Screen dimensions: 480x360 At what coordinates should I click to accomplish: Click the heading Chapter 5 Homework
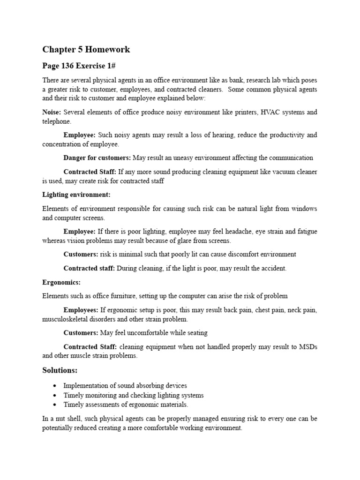tap(86, 49)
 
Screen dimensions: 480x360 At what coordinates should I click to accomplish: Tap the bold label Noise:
tap(52, 112)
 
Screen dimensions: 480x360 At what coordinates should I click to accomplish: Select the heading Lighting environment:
tap(76, 195)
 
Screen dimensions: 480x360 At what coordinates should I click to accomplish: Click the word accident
tap(273, 268)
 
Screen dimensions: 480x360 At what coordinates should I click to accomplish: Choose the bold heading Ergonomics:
tap(61, 282)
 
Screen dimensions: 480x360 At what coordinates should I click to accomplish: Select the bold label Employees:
tap(81, 310)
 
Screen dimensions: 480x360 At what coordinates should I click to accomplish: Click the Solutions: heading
tap(60, 370)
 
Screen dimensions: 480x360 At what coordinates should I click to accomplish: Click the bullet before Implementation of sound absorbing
tap(55, 386)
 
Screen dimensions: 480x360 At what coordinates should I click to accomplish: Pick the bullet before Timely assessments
tap(55, 405)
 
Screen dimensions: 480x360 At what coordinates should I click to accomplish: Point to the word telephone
tap(56, 121)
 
